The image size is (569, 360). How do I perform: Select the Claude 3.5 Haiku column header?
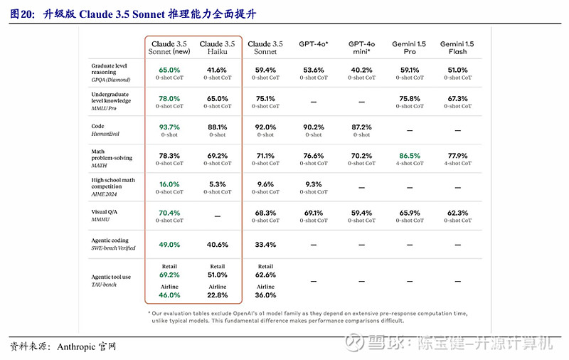point(218,48)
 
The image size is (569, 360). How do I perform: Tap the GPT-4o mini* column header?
point(361,48)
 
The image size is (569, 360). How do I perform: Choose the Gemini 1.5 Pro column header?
point(410,48)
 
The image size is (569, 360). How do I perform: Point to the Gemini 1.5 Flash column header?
point(457,48)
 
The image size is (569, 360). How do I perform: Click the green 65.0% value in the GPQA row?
point(169,70)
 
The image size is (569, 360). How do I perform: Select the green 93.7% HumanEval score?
point(169,127)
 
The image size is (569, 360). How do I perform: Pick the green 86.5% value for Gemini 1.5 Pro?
point(410,156)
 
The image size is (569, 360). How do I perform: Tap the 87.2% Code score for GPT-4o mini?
point(361,127)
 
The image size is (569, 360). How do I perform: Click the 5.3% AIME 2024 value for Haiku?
point(218,184)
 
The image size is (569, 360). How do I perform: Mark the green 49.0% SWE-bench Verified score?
point(169,245)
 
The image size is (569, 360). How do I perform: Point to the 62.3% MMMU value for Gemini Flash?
point(457,213)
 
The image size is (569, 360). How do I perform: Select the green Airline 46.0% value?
point(169,295)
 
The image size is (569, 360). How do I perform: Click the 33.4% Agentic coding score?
point(265,245)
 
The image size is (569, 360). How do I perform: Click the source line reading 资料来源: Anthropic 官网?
point(63,346)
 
